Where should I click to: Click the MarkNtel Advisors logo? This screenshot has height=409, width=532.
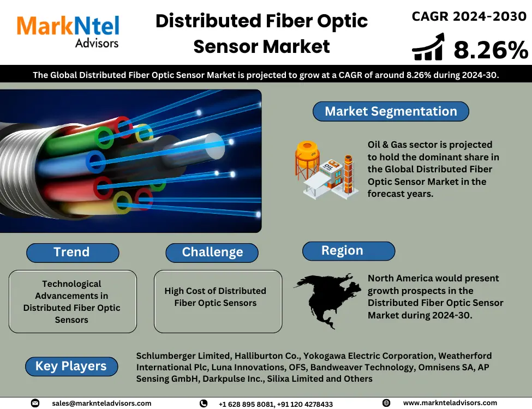[x=68, y=32]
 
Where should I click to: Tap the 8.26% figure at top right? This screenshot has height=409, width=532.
[x=491, y=50]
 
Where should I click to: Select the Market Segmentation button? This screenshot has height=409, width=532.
[x=391, y=111]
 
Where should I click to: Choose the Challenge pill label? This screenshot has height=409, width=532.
[x=212, y=252]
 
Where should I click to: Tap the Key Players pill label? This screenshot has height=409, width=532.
[x=71, y=366]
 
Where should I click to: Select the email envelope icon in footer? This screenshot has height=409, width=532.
[x=35, y=403]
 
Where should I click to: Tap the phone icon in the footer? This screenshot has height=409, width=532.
[x=204, y=403]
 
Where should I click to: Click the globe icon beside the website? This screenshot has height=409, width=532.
[x=386, y=403]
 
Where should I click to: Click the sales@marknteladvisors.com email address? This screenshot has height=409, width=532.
[x=101, y=403]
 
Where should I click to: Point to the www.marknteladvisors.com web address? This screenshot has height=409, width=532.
[x=450, y=403]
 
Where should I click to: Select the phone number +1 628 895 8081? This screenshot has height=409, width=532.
[x=246, y=404]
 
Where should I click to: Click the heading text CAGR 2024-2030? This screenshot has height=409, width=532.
[x=469, y=16]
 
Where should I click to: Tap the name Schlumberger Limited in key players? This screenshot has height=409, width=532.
[x=183, y=356]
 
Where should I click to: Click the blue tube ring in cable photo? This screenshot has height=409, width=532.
[x=95, y=162]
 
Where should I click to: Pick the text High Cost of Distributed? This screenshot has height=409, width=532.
[x=215, y=291]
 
